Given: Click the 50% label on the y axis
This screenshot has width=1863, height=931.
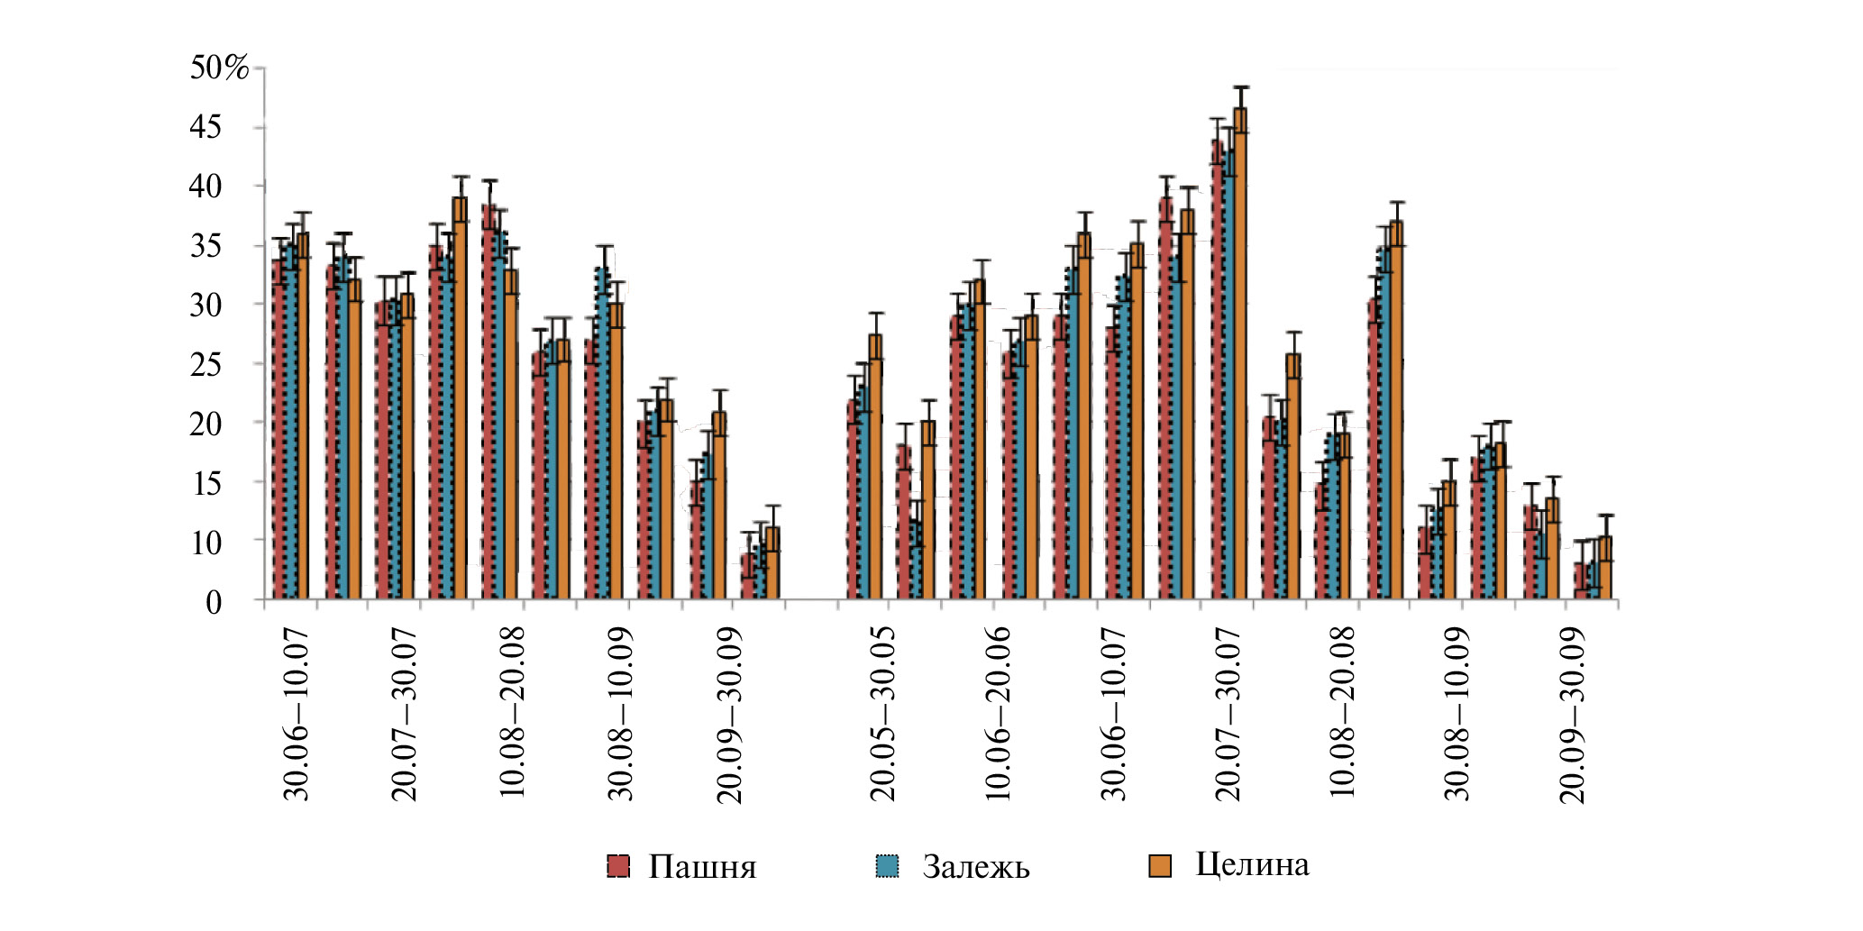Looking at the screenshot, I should point(218,68).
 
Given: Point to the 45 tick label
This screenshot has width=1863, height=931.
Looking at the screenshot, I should point(205,127).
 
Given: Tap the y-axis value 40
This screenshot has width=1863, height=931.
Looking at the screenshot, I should point(205,187).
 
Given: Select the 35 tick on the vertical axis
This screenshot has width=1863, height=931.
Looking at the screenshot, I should point(205,246).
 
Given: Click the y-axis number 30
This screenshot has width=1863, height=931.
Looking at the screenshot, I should point(205,305).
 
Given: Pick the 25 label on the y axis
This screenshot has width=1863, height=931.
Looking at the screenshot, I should point(205,364).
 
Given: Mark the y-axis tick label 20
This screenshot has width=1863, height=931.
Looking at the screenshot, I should point(205,424).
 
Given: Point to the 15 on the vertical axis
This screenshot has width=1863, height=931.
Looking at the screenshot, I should point(205,483).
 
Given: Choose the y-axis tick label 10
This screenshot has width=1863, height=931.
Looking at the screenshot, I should point(205,543).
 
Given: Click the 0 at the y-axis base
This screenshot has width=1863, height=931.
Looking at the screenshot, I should point(213,602).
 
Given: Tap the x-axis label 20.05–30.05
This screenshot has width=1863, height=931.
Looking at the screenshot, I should point(883,715).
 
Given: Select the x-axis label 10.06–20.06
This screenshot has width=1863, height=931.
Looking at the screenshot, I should point(998,715).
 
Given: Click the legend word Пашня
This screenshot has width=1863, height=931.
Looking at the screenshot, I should point(702,867).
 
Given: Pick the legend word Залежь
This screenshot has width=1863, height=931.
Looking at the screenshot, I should point(975,867).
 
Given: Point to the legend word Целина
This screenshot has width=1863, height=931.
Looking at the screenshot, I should point(1252,864).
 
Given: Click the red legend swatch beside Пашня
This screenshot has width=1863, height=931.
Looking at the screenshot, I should point(618,866).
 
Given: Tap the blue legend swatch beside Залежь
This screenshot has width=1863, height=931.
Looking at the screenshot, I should point(888,866).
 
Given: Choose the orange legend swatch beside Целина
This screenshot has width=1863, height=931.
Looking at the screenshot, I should point(1160,866).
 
